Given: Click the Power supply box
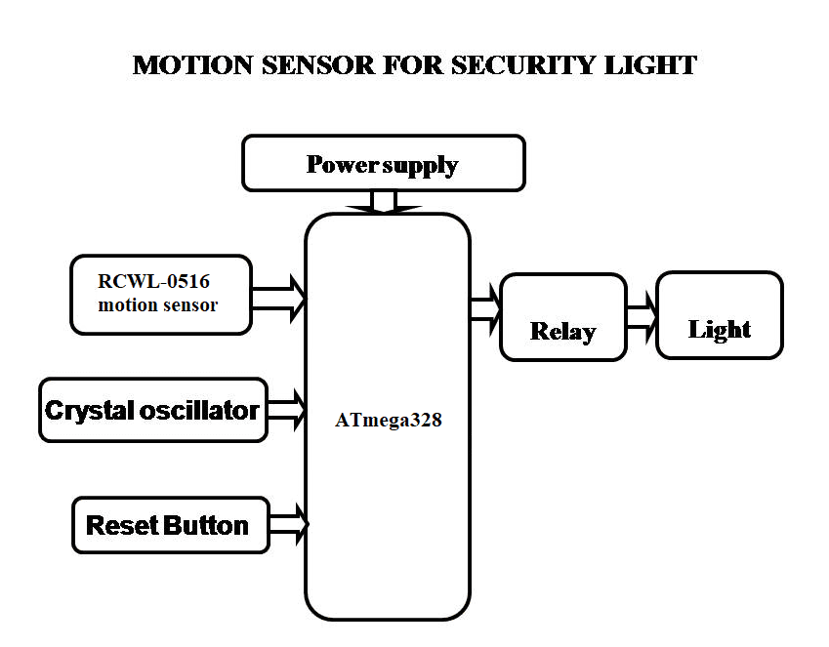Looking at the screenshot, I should [x=383, y=163].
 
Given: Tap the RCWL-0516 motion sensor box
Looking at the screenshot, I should [x=161, y=294].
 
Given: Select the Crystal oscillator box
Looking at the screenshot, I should [x=153, y=410].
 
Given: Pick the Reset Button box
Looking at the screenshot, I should [x=170, y=525].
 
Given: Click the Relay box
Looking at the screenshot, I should [x=562, y=317].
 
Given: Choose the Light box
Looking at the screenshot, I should [x=720, y=315].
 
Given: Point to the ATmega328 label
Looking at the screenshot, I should [x=388, y=422].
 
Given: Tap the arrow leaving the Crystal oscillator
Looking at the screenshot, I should [x=286, y=410].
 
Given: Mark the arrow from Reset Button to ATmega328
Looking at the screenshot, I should [x=289, y=524].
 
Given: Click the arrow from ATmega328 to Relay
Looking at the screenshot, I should [x=485, y=308].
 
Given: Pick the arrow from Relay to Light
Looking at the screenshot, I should [x=642, y=317].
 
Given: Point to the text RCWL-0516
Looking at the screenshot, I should [x=153, y=282].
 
